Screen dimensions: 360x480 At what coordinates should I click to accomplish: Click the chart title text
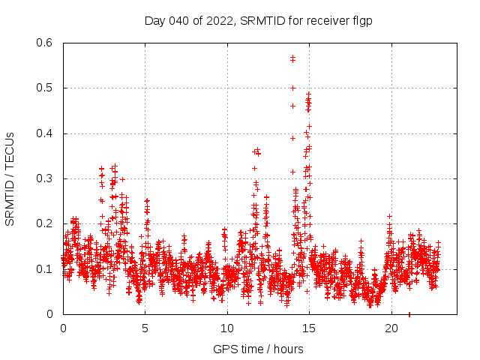[x=258, y=21]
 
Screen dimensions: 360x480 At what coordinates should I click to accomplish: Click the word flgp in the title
[x=361, y=21]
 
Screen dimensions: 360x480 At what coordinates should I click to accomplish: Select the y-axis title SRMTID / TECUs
[x=10, y=178]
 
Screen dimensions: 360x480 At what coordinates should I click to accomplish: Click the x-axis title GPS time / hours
[x=258, y=349]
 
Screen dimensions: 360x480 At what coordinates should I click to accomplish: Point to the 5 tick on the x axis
[x=145, y=328]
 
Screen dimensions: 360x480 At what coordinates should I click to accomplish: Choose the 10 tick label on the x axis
[x=227, y=328]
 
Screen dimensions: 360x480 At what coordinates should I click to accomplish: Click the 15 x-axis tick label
[x=310, y=328]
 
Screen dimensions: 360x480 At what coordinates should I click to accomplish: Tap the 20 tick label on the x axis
[x=391, y=328]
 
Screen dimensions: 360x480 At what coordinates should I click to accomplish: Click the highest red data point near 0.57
[x=292, y=57]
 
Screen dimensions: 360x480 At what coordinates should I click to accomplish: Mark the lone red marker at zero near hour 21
[x=409, y=313]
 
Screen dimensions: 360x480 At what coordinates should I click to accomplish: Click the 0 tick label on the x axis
[x=63, y=328]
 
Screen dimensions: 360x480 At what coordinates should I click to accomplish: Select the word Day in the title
[x=154, y=21]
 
